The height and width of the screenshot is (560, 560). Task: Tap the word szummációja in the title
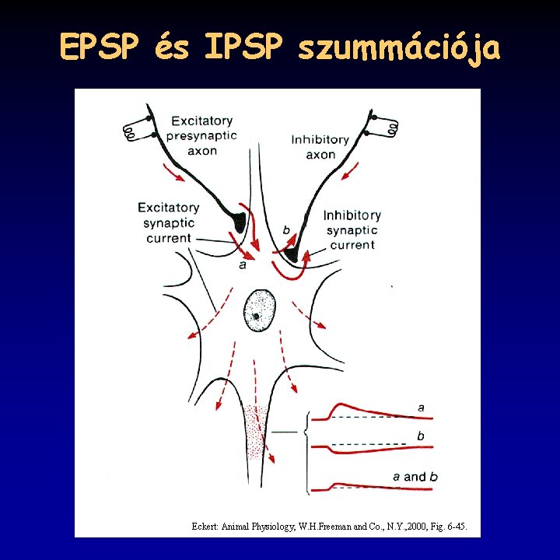pos(399,50)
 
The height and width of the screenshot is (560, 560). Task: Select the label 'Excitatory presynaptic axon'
pos(202,135)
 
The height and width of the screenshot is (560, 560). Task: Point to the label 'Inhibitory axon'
pos(320,147)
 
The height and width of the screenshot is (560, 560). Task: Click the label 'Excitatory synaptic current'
pos(168,223)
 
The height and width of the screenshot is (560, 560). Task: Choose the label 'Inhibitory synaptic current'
pos(352,230)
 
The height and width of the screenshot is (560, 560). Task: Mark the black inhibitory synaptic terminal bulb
pos(292,254)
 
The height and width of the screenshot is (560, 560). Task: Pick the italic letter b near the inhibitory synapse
pos(286,230)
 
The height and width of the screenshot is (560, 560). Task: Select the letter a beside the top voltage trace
pos(421,407)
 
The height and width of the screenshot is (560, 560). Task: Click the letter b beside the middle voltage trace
pos(421,436)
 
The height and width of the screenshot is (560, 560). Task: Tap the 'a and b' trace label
pos(415,476)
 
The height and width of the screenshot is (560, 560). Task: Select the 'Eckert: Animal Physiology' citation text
pos(330,527)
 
